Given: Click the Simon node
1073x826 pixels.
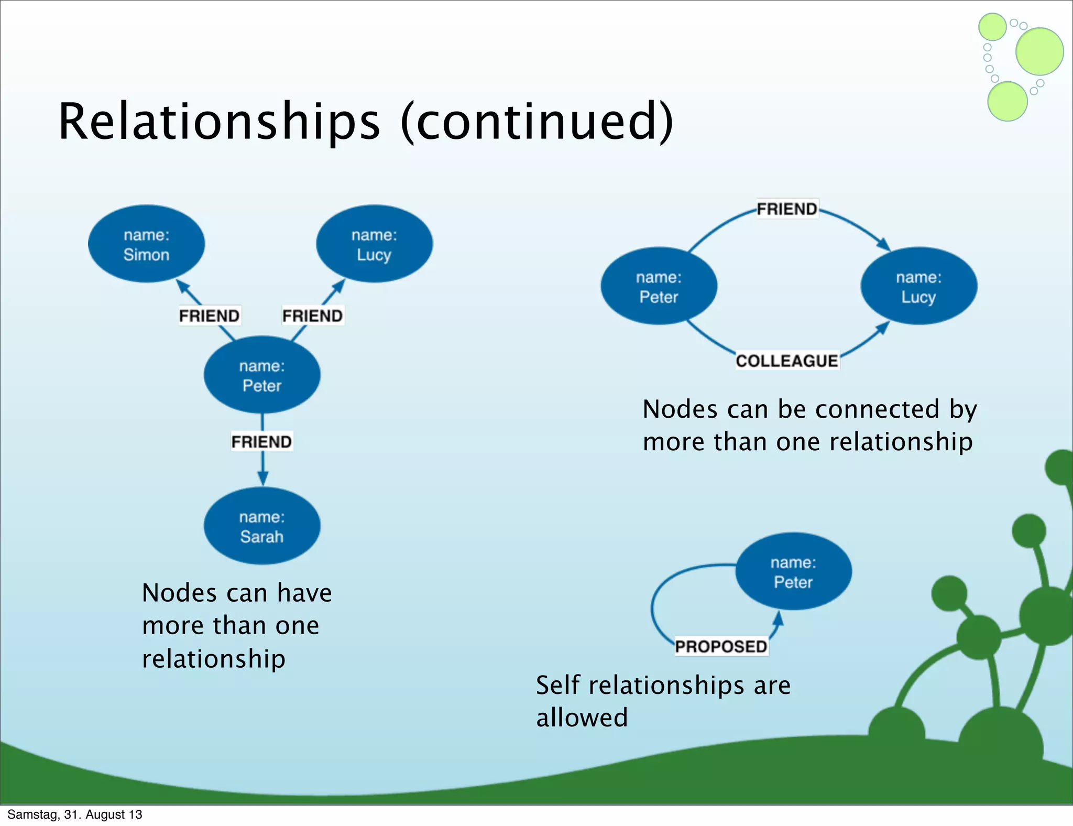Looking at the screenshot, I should tap(146, 244).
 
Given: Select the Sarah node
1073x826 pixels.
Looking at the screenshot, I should tap(262, 526).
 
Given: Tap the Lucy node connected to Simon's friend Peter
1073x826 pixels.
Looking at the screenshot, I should tap(374, 244).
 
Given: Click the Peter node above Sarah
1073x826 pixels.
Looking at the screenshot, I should tap(262, 375).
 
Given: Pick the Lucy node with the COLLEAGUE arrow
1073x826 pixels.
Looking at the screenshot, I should tap(918, 286).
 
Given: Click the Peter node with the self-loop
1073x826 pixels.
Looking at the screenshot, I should tap(793, 572).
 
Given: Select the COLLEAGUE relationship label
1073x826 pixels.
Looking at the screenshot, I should tap(786, 361).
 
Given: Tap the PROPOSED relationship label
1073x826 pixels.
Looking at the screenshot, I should tap(721, 646).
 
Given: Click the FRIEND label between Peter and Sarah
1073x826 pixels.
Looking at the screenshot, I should tap(261, 442).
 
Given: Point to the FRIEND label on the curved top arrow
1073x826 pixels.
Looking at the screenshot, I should tap(787, 209).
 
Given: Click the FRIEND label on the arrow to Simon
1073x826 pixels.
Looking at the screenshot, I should tap(209, 316).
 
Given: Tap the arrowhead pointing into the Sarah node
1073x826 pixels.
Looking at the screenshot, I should tap(262, 479).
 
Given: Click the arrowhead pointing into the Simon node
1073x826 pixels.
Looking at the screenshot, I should tap(182, 286).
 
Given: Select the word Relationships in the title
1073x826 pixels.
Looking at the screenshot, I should tap(219, 122).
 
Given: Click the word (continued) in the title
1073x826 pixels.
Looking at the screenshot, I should tap(537, 122).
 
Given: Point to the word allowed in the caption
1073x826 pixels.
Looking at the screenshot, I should tap(582, 718).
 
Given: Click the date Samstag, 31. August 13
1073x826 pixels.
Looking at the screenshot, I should tap(74, 814).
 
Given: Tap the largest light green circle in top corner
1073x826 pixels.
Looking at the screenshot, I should tap(1039, 51).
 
